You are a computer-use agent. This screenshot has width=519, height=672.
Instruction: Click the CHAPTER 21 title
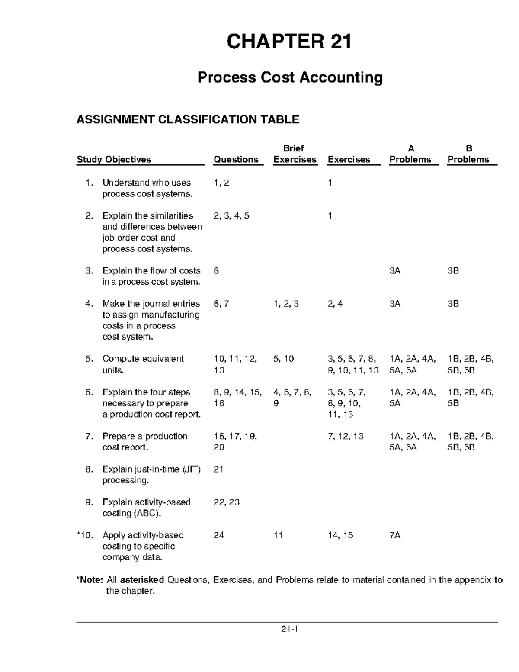tap(289, 42)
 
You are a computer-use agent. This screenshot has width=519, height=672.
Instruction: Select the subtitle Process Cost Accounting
tap(290, 78)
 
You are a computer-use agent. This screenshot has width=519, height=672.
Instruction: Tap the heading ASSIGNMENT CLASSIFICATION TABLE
tap(188, 119)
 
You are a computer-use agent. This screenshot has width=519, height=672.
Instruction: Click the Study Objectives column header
tap(114, 160)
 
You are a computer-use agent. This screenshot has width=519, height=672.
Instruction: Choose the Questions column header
tap(236, 160)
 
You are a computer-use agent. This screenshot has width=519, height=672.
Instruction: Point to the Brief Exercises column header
tap(295, 154)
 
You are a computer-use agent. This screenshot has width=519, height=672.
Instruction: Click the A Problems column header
tap(410, 154)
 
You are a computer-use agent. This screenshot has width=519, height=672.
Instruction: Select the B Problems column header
tap(468, 154)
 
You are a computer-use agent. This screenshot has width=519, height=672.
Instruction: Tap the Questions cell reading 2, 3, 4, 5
tap(231, 216)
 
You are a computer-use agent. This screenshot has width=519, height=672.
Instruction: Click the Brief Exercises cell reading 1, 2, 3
tap(286, 304)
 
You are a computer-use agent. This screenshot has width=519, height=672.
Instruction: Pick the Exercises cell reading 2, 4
tap(335, 304)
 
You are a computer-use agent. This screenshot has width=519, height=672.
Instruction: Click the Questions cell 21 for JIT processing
tap(218, 469)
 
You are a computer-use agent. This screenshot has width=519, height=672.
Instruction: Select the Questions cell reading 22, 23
tap(227, 502)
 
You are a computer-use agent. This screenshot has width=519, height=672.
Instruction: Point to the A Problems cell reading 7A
tap(395, 535)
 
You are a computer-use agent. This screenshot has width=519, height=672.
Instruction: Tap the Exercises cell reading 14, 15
tap(340, 535)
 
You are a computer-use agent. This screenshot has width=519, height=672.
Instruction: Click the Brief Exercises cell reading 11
tap(278, 535)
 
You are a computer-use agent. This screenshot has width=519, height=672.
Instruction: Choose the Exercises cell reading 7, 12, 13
tap(346, 436)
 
